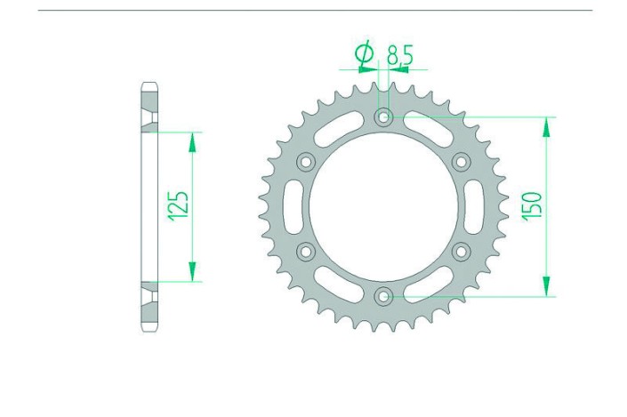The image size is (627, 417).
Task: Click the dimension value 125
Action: [x=177, y=207]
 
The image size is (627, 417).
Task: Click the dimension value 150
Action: [x=532, y=206]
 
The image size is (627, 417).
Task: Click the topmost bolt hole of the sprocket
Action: [x=383, y=116]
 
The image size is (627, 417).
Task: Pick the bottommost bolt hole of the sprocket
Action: [x=383, y=296]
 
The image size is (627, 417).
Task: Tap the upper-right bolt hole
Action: [x=461, y=162]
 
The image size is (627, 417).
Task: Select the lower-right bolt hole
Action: [x=461, y=252]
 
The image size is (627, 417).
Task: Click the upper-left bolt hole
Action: [x=306, y=162]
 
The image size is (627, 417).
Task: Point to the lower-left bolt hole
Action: [x=306, y=252]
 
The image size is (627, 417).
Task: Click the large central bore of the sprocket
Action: [x=383, y=206]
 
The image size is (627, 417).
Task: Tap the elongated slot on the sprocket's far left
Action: [x=286, y=206]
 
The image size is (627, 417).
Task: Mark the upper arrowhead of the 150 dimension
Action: [x=546, y=125]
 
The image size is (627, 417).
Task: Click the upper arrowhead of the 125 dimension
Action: [x=191, y=140]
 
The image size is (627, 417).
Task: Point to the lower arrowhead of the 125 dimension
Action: [x=191, y=273]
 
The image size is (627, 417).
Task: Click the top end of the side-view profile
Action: [x=149, y=87]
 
